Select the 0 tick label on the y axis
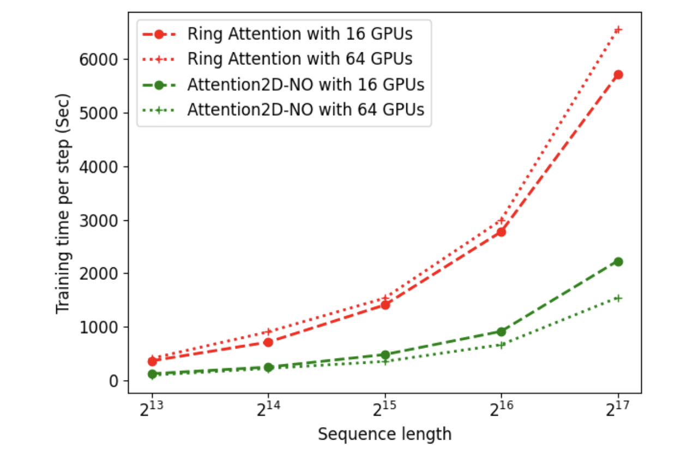click(114, 381)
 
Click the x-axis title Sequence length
click(384, 434)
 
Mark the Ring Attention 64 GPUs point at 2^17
click(618, 29)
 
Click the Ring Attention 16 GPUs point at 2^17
click(618, 74)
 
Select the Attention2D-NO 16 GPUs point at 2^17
click(618, 261)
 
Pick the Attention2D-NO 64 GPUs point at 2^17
click(618, 298)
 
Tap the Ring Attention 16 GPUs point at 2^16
click(501, 232)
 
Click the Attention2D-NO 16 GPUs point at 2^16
click(501, 331)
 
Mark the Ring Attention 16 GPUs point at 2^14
click(268, 342)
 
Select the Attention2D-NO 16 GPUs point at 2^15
click(385, 355)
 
